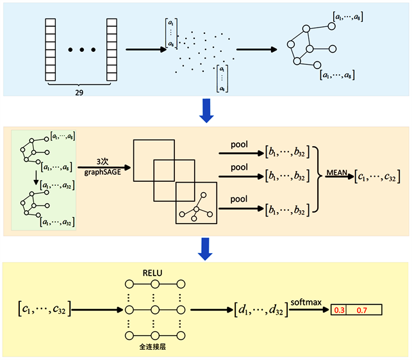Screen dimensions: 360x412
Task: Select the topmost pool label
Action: [x=238, y=145]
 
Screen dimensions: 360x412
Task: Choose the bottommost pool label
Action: [x=238, y=200]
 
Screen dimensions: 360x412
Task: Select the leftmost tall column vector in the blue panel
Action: [x=49, y=48]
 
